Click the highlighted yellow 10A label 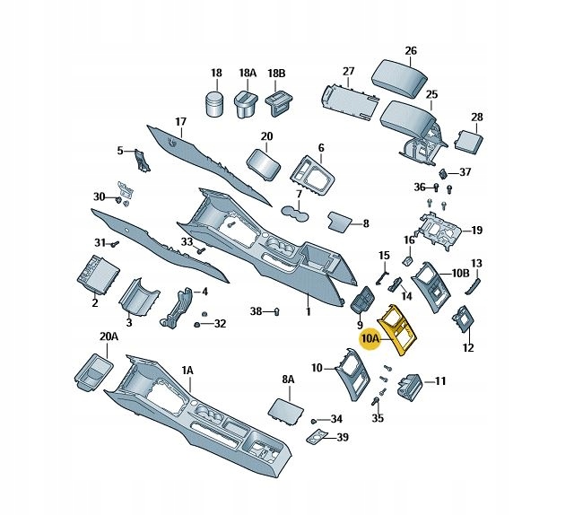coord(370,339)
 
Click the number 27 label coord(349,72)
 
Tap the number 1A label coord(187,370)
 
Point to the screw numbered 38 coord(275,312)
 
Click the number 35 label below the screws coord(378,418)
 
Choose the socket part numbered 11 coord(412,383)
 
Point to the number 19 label coord(476,231)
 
